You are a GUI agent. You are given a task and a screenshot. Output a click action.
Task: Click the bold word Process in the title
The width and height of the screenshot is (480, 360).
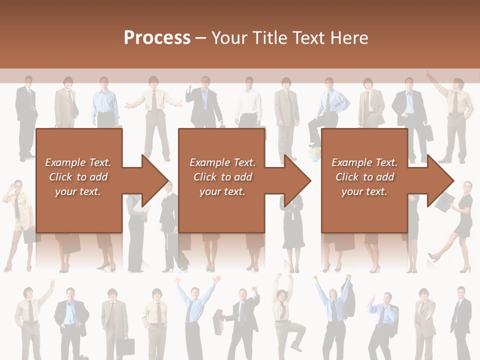157,38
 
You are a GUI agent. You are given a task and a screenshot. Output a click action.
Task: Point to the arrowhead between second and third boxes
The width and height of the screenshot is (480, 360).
297,180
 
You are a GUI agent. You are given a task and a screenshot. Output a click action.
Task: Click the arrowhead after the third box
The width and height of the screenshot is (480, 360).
440,180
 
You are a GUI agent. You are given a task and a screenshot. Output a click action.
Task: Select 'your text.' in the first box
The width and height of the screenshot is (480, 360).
78,191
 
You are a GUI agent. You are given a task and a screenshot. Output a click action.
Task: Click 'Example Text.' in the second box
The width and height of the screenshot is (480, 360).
222,162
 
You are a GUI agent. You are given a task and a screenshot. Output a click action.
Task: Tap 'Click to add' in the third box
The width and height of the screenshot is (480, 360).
364,177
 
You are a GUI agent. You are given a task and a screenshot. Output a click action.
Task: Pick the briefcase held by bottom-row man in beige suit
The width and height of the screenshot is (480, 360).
126,347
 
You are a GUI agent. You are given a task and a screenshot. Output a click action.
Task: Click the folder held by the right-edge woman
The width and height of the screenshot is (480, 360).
444,201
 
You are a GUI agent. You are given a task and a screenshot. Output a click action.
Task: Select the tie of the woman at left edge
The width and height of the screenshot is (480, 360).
17,205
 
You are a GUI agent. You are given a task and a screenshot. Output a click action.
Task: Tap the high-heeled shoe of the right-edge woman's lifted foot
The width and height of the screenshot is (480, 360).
432,258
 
